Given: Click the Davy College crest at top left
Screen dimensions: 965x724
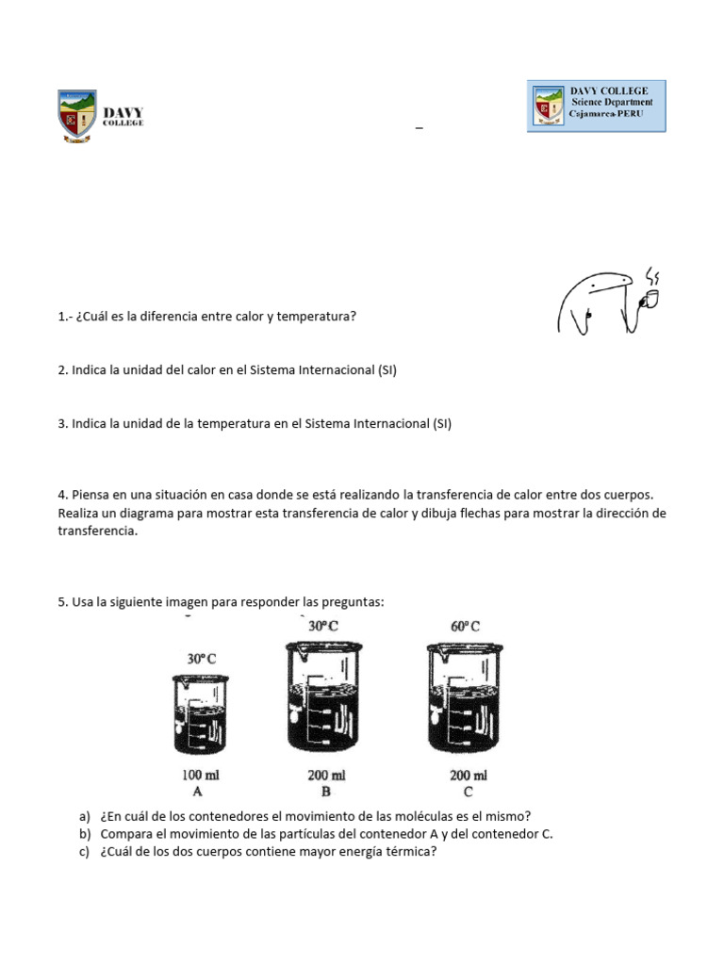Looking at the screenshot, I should tap(76, 115).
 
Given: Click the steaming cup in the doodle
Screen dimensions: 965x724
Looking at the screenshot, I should tap(650, 299).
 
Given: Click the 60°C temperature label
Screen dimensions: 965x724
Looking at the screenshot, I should tap(466, 626).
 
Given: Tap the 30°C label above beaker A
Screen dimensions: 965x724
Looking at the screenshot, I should tap(202, 660).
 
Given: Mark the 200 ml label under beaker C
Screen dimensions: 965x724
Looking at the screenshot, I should tap(469, 776).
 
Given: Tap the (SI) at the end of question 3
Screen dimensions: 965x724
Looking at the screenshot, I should tap(441, 424).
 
